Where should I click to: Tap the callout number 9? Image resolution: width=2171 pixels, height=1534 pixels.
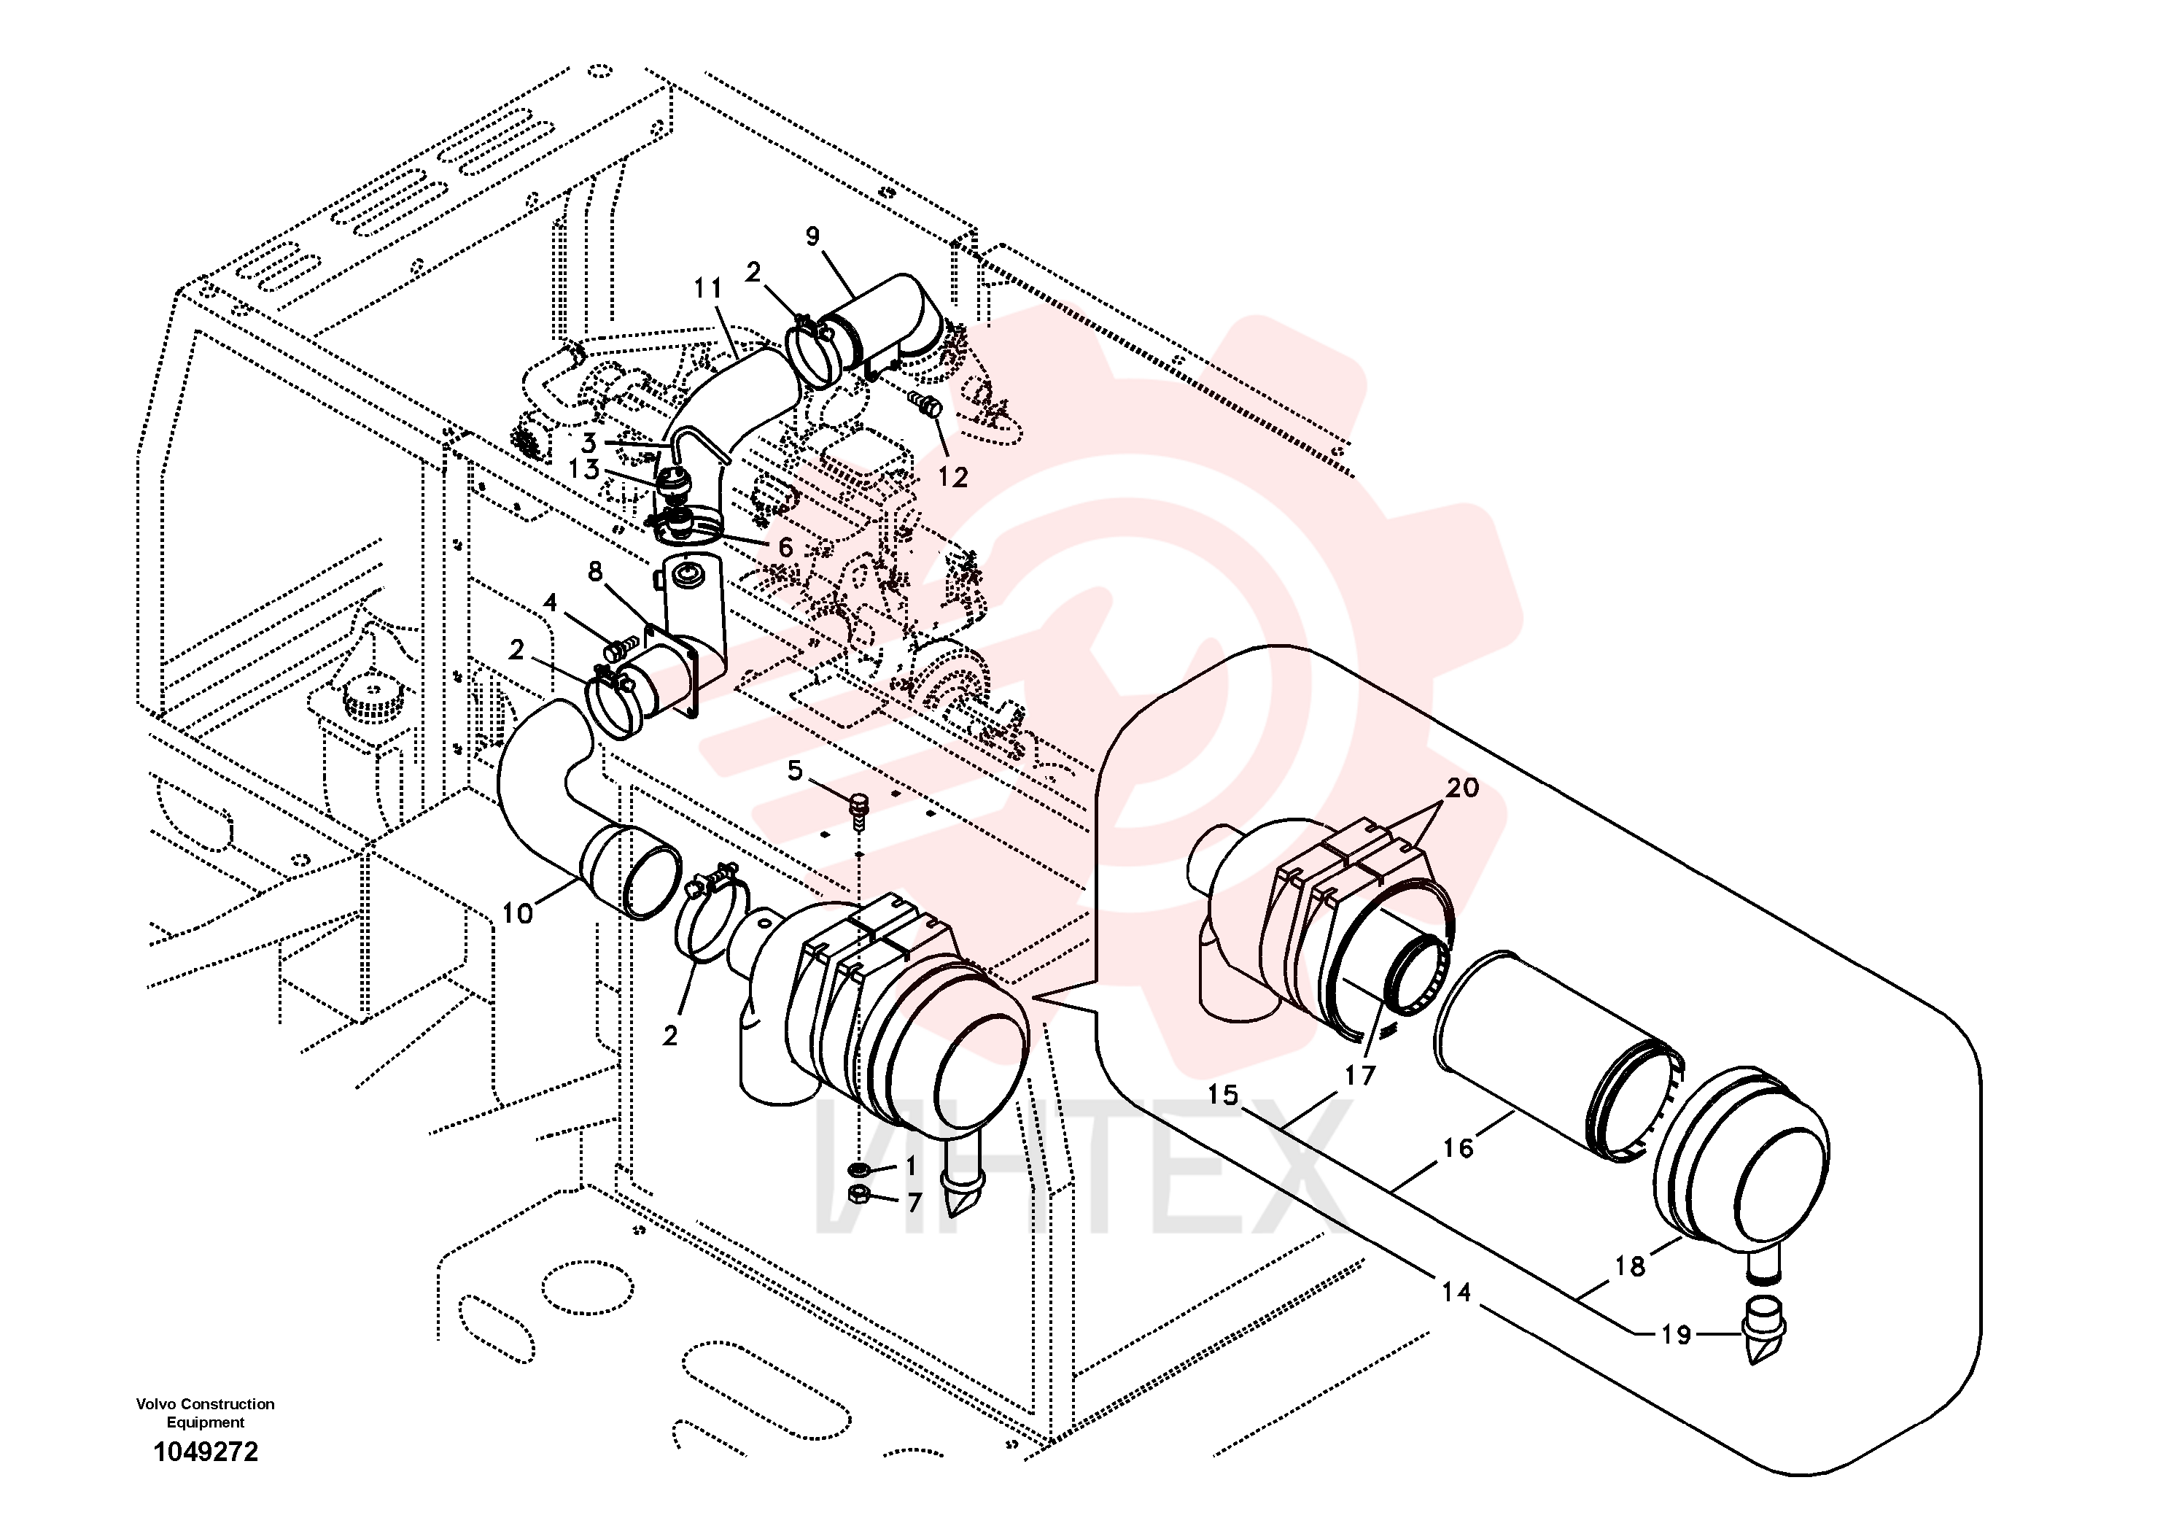pyautogui.click(x=813, y=236)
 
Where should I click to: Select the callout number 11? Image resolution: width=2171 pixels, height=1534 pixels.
pyautogui.click(x=708, y=287)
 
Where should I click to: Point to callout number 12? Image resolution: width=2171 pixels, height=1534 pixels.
pyautogui.click(x=953, y=478)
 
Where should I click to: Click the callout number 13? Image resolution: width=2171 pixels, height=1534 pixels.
pyautogui.click(x=584, y=469)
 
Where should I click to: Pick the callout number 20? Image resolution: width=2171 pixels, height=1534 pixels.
pyautogui.click(x=1463, y=788)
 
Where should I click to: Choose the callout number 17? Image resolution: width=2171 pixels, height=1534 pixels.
pyautogui.click(x=1360, y=1075)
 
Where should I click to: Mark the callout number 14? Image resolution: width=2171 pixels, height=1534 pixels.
pyautogui.click(x=1456, y=1292)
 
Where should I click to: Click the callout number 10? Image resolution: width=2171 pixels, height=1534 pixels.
pyautogui.click(x=517, y=913)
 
